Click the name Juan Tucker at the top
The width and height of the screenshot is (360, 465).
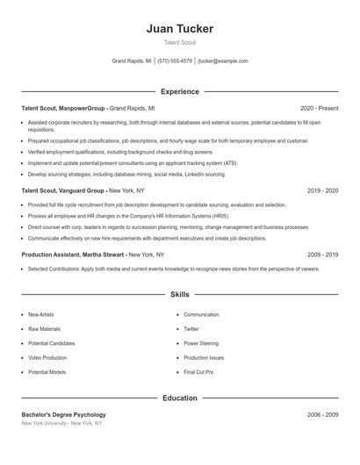click(179, 28)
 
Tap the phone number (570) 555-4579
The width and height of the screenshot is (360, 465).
click(175, 61)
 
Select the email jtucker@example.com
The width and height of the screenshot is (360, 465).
click(223, 61)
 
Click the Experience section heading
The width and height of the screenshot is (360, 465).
click(179, 91)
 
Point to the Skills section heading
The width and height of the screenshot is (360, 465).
click(179, 296)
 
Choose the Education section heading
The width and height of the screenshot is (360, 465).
click(179, 397)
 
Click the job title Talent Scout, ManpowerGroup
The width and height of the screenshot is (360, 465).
click(63, 108)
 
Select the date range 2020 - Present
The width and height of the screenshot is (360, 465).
click(319, 108)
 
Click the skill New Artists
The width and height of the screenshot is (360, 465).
click(41, 314)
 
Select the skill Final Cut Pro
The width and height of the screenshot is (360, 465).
click(198, 372)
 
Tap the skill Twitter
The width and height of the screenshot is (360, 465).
click(191, 329)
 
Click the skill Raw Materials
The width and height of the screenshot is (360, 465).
click(43, 329)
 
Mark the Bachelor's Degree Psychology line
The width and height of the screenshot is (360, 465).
click(63, 414)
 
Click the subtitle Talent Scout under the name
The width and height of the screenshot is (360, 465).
click(179, 42)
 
